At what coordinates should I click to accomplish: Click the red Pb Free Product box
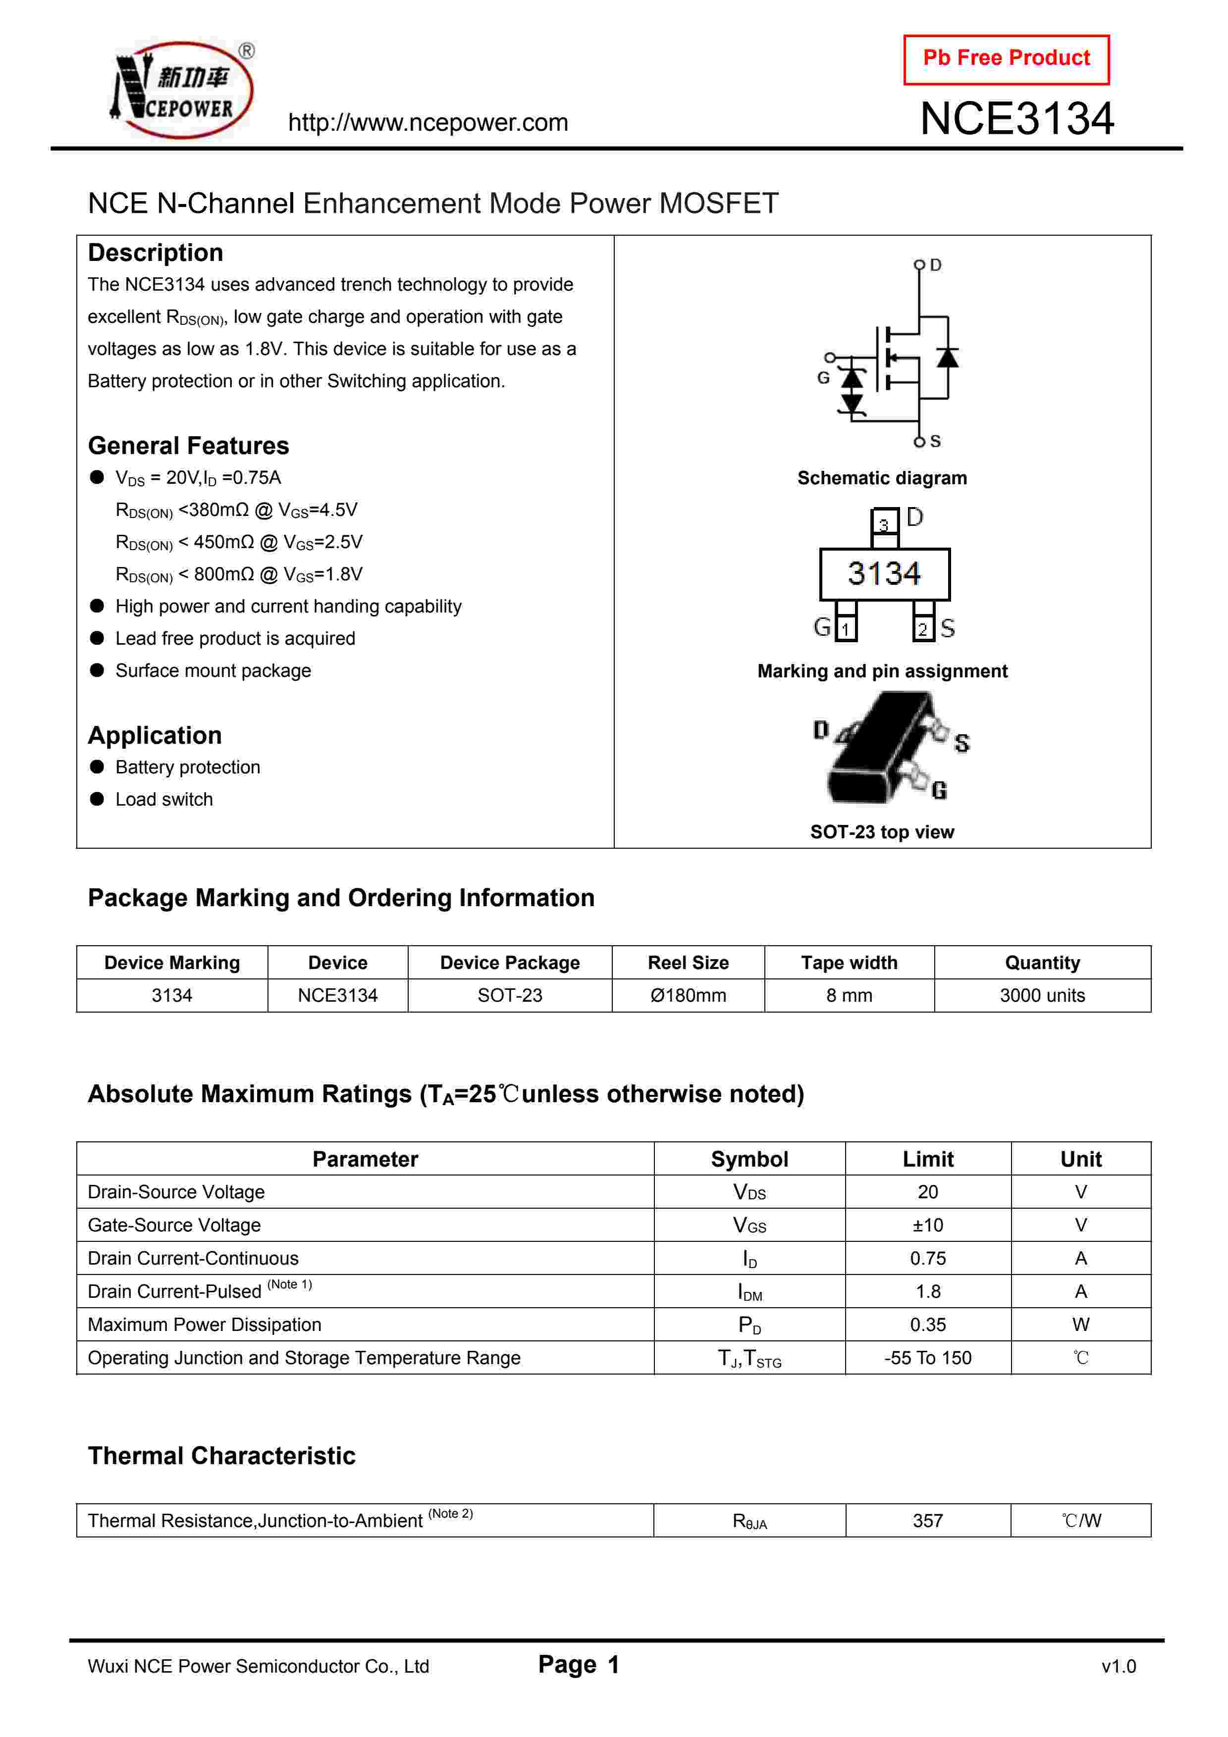click(1006, 59)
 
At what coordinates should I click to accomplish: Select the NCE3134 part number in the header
click(1016, 119)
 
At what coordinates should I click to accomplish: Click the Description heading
click(155, 253)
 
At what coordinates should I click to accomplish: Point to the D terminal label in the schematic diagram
click(936, 265)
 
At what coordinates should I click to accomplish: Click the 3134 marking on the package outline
click(884, 573)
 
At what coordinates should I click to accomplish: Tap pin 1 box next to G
click(846, 628)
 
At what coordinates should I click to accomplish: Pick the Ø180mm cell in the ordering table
click(688, 996)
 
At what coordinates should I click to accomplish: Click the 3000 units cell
click(1042, 996)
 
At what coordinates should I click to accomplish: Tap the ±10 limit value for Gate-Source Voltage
click(928, 1225)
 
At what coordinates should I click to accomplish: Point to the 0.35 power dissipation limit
click(928, 1325)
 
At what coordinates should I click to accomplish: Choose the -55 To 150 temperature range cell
click(928, 1358)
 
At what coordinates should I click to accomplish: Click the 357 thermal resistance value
click(928, 1521)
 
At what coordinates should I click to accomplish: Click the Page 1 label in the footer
click(579, 1664)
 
